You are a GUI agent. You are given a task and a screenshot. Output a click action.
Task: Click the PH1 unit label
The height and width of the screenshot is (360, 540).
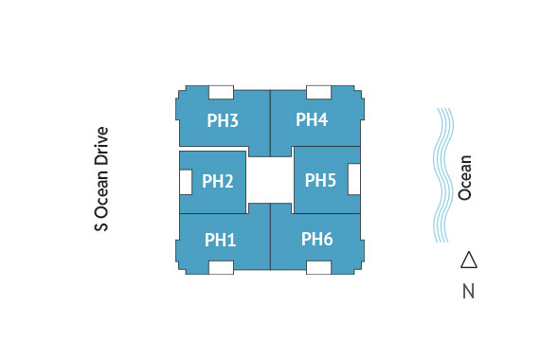click(x=221, y=240)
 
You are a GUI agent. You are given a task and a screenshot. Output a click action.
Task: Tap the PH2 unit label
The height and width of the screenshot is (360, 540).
click(x=218, y=181)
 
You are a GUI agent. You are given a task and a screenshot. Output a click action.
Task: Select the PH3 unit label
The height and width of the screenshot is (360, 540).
click(x=223, y=120)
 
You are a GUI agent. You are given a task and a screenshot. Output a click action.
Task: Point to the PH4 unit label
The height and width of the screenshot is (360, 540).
click(x=312, y=119)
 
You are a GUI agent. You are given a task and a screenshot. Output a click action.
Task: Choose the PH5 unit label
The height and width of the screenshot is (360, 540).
click(x=320, y=180)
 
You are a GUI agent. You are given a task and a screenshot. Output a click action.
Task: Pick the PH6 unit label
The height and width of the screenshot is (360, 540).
click(x=317, y=239)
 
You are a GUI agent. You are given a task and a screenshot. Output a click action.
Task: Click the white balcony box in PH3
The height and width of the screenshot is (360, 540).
click(x=221, y=92)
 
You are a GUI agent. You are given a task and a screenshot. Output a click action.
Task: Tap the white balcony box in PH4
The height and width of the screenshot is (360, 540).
click(x=318, y=92)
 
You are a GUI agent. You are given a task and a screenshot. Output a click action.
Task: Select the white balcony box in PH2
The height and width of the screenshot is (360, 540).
click(x=186, y=182)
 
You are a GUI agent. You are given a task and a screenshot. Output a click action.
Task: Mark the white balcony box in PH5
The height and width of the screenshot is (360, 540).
click(x=354, y=179)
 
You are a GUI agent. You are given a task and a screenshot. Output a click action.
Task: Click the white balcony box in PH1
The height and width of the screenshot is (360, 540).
click(x=221, y=268)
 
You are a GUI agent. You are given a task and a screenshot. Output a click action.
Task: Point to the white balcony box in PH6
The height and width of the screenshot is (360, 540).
click(x=318, y=268)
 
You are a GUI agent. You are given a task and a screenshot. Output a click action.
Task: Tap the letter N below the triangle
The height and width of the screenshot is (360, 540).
click(x=468, y=291)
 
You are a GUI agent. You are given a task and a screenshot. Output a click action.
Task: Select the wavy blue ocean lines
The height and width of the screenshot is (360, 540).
click(x=443, y=175)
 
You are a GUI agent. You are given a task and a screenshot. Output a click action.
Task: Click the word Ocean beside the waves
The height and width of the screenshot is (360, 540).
click(x=464, y=178)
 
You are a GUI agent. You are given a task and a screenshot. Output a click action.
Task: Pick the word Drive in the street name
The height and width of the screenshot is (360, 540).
click(x=101, y=146)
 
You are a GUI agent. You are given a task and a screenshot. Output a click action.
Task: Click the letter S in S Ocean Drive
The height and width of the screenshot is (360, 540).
click(x=101, y=226)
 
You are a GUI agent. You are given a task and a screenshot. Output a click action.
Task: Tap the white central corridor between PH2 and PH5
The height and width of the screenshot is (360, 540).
click(x=270, y=180)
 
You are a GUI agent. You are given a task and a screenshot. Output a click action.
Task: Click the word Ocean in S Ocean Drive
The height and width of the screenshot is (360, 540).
click(x=101, y=193)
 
